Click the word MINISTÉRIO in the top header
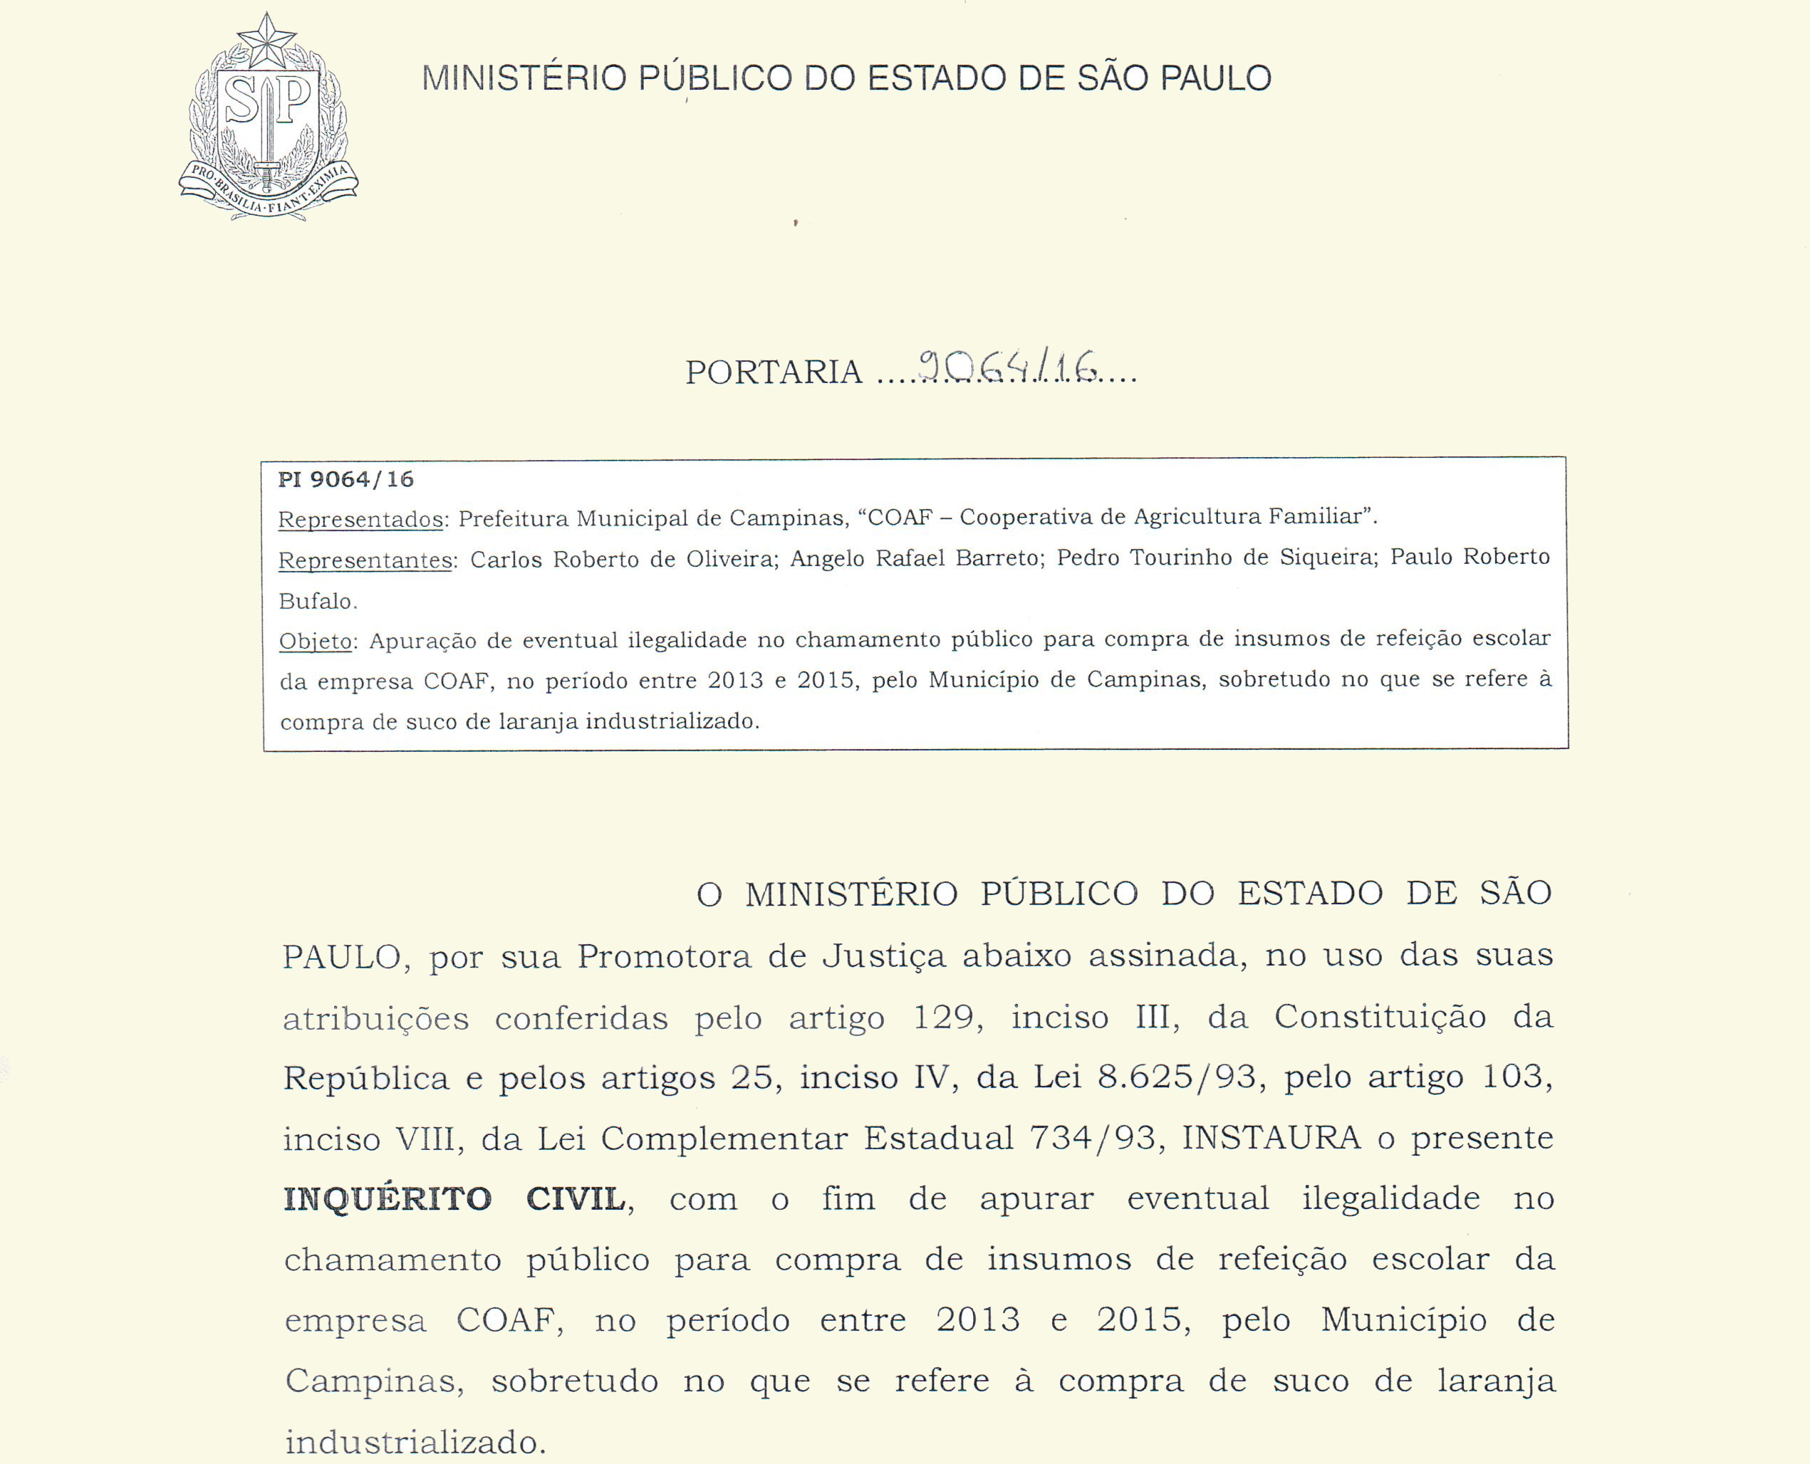pyautogui.click(x=524, y=78)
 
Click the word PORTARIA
pyautogui.click(x=774, y=372)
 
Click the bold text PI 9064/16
pyautogui.click(x=345, y=480)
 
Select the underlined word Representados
pyautogui.click(x=361, y=520)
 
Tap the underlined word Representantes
pyautogui.click(x=366, y=560)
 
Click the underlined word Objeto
pyautogui.click(x=316, y=642)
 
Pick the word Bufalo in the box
pyautogui.click(x=317, y=601)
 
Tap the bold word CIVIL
pyautogui.click(x=576, y=1199)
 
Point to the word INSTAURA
pyautogui.click(x=1271, y=1139)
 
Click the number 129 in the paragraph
pyautogui.click(x=944, y=1017)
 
